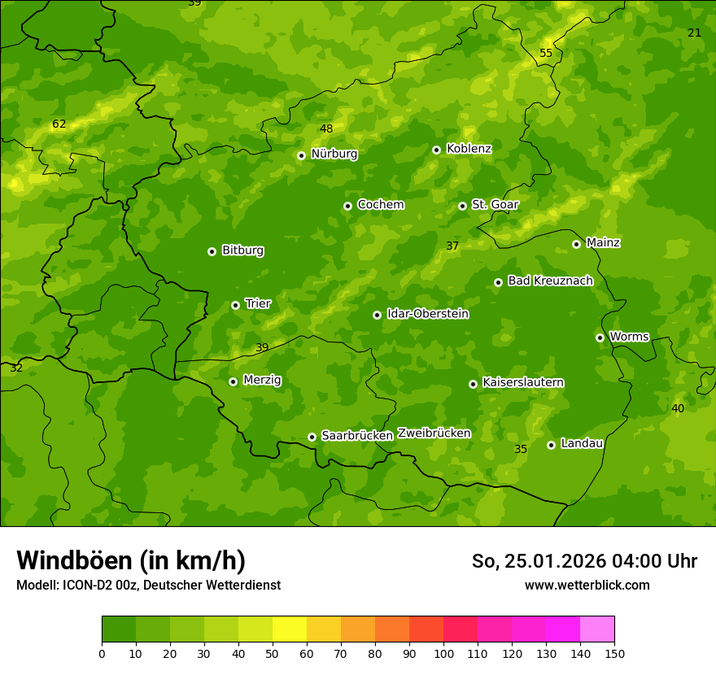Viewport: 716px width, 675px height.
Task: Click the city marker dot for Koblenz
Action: [436, 150]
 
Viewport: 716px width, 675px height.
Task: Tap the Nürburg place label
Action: [334, 154]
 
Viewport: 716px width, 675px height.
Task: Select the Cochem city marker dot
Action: [347, 206]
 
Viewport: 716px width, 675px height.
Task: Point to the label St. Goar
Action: [495, 205]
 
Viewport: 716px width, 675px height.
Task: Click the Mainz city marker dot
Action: [576, 244]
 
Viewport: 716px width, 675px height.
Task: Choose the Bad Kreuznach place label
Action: [550, 281]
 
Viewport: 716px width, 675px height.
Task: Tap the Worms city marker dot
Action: [600, 337]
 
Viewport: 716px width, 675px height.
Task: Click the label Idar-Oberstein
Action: [427, 314]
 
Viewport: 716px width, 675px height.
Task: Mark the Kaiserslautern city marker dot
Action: [473, 384]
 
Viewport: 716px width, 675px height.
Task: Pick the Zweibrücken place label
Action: [434, 433]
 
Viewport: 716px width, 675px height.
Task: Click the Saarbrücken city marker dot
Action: [312, 437]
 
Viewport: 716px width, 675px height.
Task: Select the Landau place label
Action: [582, 444]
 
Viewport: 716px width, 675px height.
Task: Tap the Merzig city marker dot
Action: [233, 381]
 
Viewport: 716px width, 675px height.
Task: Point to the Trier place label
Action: [258, 304]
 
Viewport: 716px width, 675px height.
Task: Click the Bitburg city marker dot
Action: [212, 251]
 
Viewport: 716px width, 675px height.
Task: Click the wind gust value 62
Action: [59, 124]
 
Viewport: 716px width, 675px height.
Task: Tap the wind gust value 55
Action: [546, 54]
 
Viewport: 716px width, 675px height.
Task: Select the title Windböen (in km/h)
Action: [131, 560]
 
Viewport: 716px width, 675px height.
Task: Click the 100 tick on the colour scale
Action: [443, 653]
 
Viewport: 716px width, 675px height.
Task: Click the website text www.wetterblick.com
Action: [587, 585]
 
